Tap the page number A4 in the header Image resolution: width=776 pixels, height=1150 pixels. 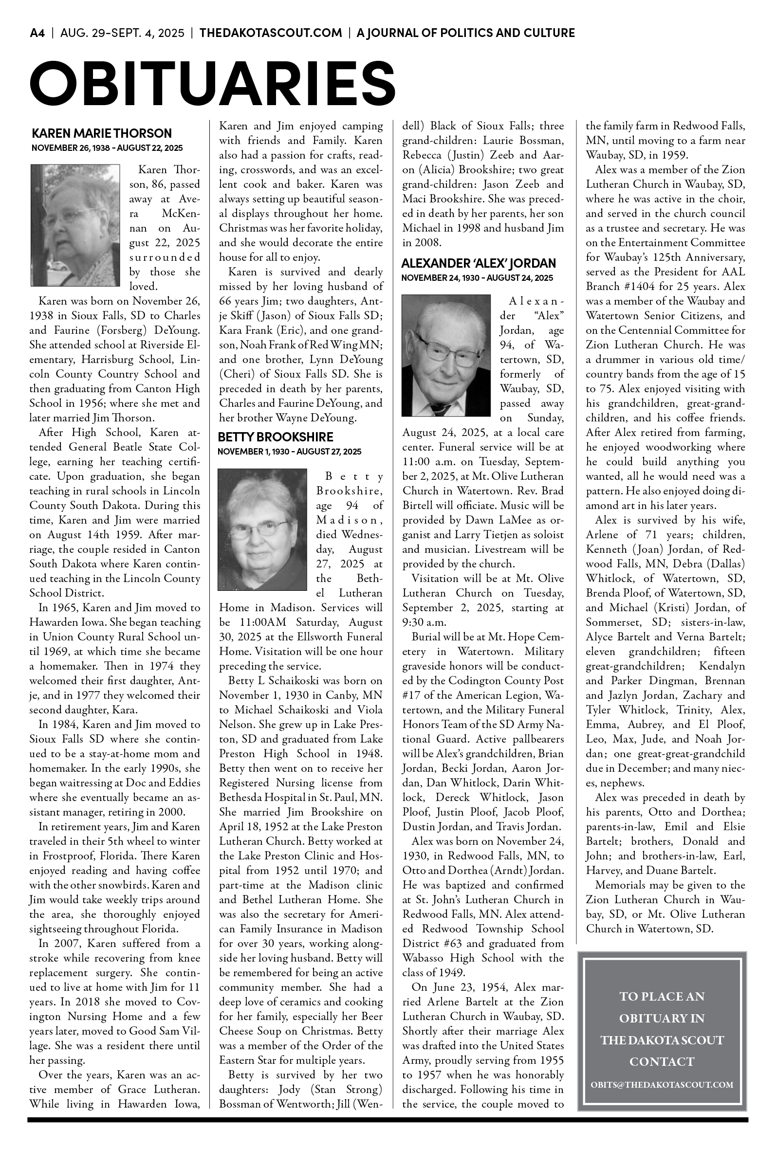click(37, 33)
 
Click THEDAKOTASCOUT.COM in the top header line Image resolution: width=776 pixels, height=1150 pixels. click(271, 33)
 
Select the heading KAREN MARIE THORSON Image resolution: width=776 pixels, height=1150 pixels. click(101, 133)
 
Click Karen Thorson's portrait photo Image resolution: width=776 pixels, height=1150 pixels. click(75, 225)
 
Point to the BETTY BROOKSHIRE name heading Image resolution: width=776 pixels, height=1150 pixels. click(275, 437)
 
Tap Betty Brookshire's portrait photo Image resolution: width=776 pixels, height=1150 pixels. click(262, 529)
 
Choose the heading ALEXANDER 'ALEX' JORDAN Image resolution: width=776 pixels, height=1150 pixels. click(478, 263)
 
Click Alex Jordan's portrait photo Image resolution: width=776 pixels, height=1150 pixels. click(446, 355)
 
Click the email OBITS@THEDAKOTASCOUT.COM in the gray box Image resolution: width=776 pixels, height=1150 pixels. click(662, 1085)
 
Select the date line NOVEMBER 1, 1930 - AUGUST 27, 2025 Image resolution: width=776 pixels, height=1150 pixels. click(289, 452)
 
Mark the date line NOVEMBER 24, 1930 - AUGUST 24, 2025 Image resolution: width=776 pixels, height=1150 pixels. click(477, 278)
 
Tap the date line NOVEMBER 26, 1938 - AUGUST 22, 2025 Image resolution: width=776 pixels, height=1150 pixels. click(107, 148)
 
